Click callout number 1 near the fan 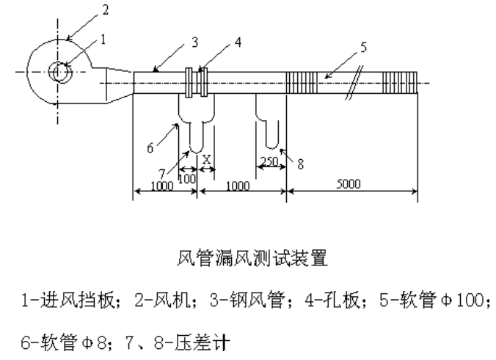(x=104, y=40)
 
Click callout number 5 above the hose (x=365, y=48)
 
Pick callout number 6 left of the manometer (x=150, y=147)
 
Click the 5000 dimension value (x=349, y=185)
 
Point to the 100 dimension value (x=188, y=179)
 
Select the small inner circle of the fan (x=57, y=72)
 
